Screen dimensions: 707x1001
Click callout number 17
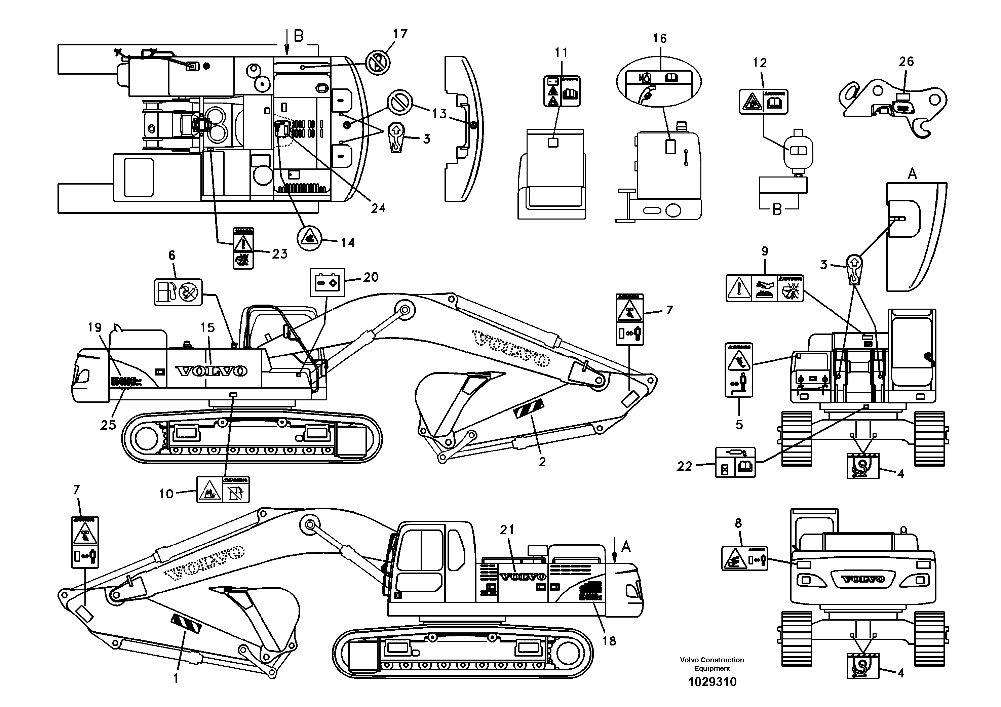point(400,34)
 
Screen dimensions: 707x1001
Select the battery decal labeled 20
point(327,283)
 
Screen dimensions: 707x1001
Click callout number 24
point(378,208)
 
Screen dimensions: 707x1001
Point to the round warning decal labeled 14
point(309,239)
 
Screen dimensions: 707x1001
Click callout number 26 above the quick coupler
point(906,62)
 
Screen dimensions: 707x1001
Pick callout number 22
point(684,466)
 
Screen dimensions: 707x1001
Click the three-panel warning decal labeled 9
point(764,288)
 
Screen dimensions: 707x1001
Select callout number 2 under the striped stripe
point(542,462)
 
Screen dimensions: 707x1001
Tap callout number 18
point(609,641)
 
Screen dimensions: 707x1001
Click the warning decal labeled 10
point(223,489)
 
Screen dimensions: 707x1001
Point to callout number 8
point(738,523)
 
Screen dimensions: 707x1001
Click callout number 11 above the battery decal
point(561,52)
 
